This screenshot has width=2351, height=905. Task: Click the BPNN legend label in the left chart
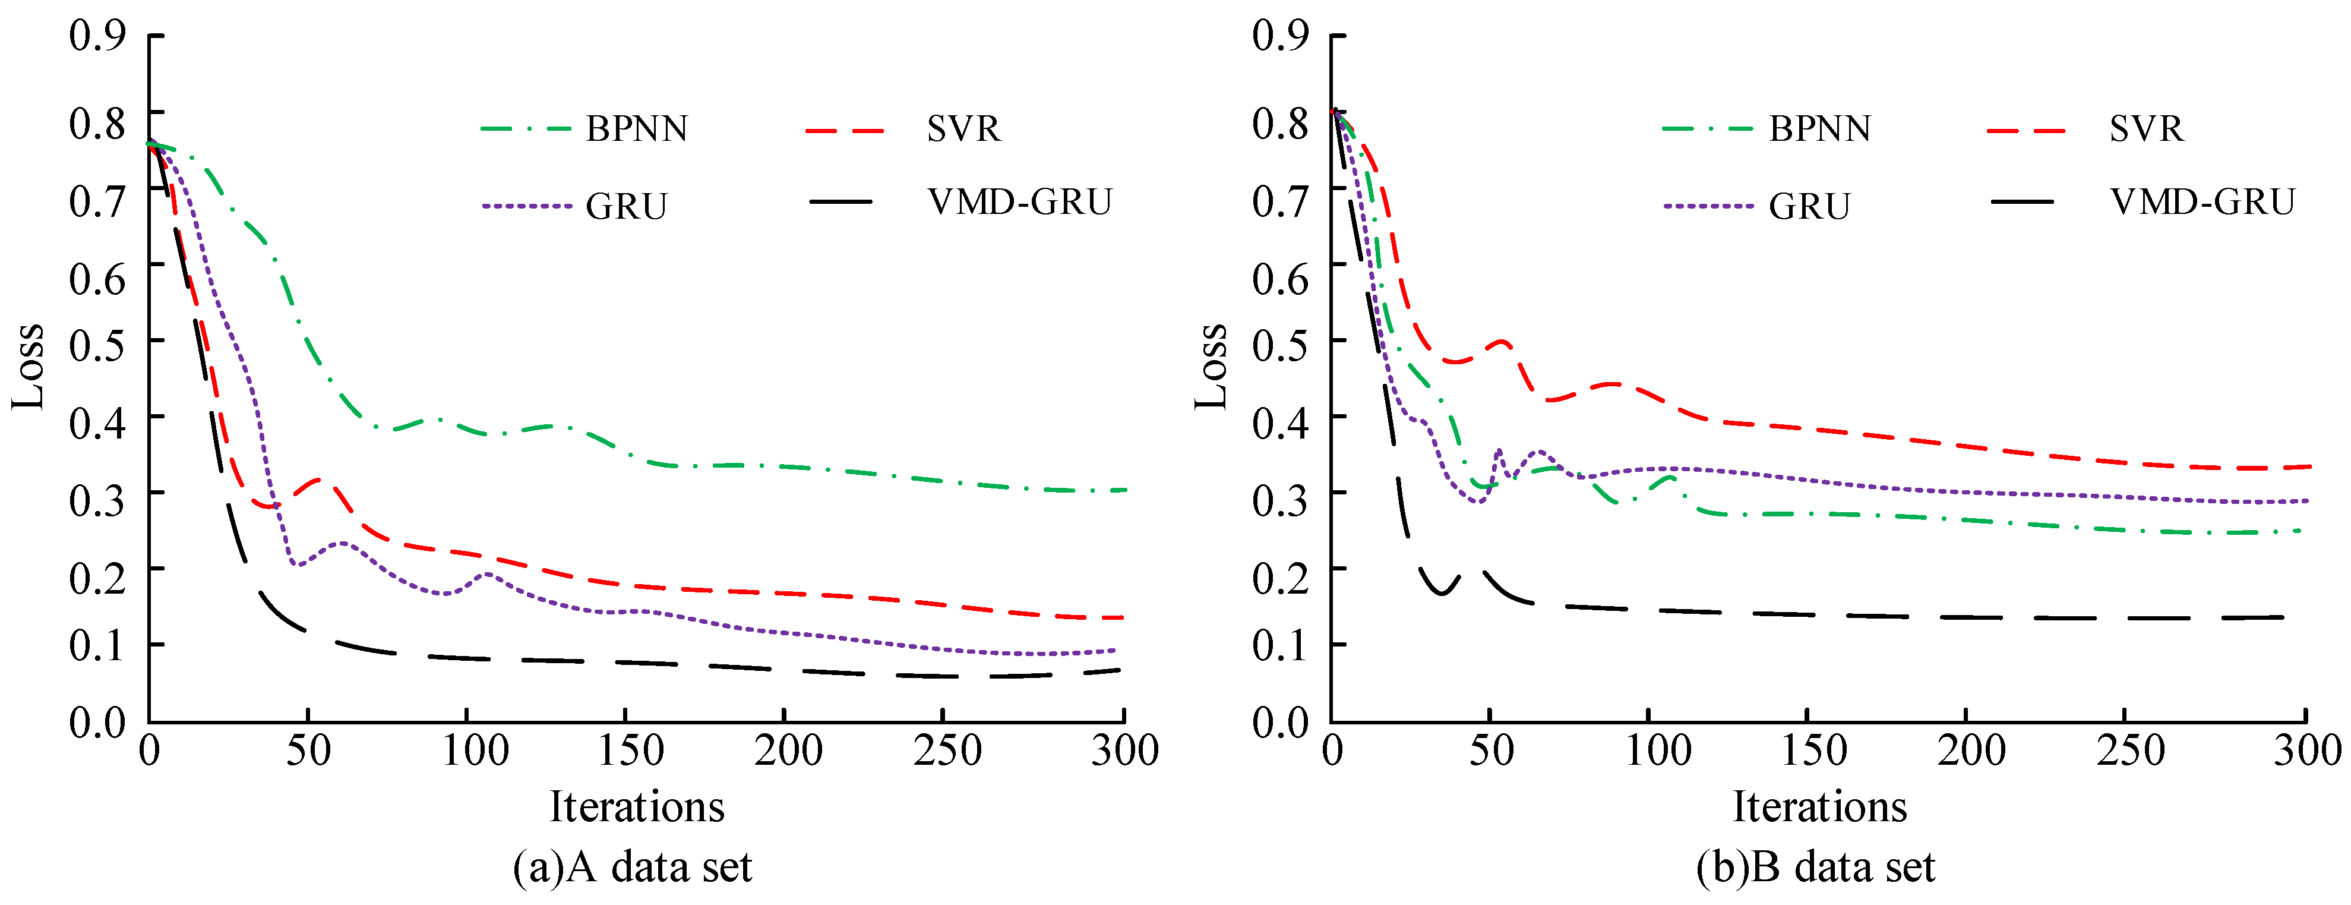(x=636, y=129)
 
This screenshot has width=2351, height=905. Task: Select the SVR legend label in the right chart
(x=2147, y=129)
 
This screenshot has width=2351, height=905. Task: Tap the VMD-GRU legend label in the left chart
(x=1019, y=202)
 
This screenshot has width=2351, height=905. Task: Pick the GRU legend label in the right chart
(x=1809, y=206)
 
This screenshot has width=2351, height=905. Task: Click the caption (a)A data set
(x=633, y=866)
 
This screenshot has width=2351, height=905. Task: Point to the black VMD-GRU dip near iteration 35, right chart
(x=1442, y=592)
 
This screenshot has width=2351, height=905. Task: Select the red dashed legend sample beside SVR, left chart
(x=845, y=131)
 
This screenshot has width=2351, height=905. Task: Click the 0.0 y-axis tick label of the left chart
(x=97, y=723)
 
